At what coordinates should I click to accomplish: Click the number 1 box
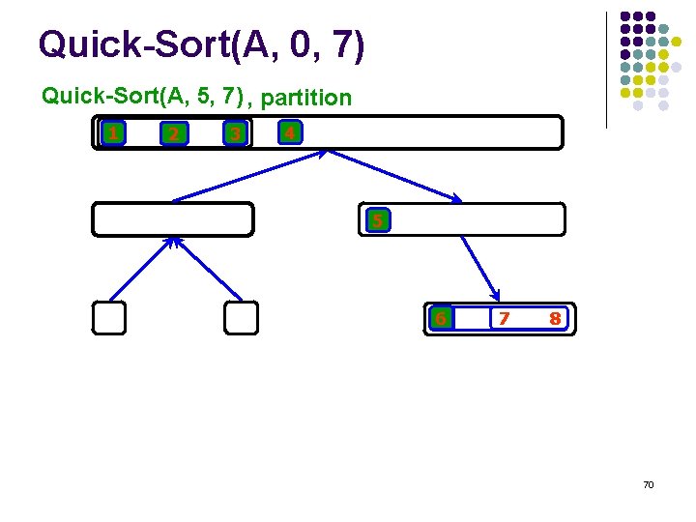[114, 132]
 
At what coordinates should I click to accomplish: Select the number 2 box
[173, 133]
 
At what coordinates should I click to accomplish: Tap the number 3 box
[233, 133]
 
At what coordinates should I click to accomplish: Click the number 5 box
[378, 220]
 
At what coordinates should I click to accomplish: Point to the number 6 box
[441, 317]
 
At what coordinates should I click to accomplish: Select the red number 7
[503, 318]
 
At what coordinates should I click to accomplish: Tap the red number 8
[555, 318]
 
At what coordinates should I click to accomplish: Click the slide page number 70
[648, 483]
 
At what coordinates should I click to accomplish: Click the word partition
[306, 98]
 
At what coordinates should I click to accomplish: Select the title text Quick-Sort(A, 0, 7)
[201, 44]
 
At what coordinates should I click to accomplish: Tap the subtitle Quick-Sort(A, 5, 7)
[141, 96]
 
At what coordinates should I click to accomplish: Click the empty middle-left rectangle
[173, 219]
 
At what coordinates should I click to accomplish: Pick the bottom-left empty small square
[109, 318]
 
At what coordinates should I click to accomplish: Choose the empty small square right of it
[241, 318]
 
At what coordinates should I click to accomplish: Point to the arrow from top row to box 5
[393, 176]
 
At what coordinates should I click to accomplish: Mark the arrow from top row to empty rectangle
[251, 176]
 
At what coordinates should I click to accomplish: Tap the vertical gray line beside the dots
[606, 70]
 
